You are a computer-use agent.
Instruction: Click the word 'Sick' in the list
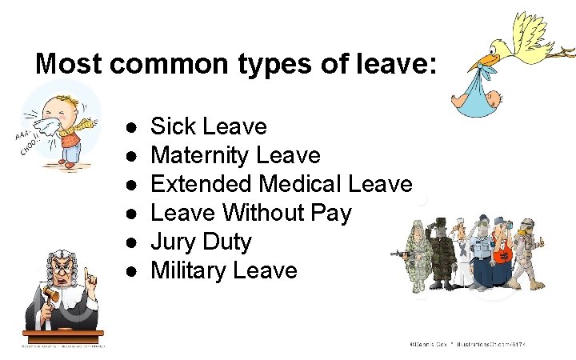point(174,126)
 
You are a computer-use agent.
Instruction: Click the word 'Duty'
point(227,242)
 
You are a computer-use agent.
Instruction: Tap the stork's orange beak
point(484,60)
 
